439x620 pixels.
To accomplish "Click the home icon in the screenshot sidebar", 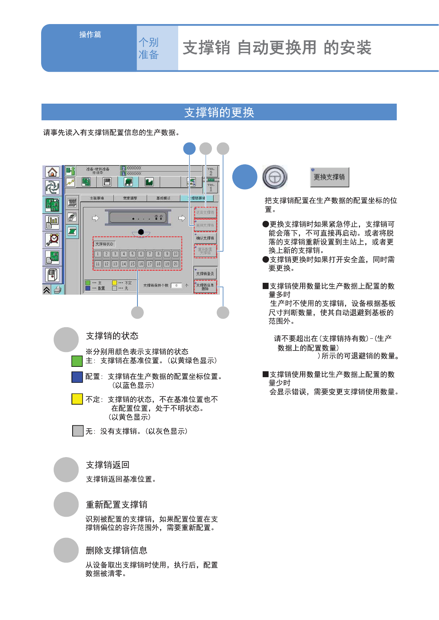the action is tap(52, 172).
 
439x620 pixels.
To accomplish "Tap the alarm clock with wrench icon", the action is tap(52, 239).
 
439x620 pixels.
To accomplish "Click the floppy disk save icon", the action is tap(107, 182).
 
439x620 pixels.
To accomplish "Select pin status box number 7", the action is tap(150, 254).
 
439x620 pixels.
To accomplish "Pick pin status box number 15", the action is tap(132, 264).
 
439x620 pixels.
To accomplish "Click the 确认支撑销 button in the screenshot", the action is tap(205, 238).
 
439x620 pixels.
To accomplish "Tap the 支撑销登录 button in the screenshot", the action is tap(205, 274).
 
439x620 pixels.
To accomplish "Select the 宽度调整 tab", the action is tap(130, 198).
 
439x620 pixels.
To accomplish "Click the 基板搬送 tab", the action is tap(163, 198).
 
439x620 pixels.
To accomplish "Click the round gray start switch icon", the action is tap(275, 177).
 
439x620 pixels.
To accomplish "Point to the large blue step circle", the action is tap(245, 177).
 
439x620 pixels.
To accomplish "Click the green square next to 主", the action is tap(77, 361).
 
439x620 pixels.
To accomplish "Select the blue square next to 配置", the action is tap(77, 377).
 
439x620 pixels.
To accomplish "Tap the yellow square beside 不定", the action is tap(77, 399).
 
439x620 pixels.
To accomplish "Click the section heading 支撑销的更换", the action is tap(219, 112).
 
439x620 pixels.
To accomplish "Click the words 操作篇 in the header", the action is tap(90, 34).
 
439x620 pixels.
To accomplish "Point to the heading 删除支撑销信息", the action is tap(116, 550).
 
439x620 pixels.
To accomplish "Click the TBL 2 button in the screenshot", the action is tap(211, 172).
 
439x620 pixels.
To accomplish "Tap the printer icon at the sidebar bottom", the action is tap(57, 290).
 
